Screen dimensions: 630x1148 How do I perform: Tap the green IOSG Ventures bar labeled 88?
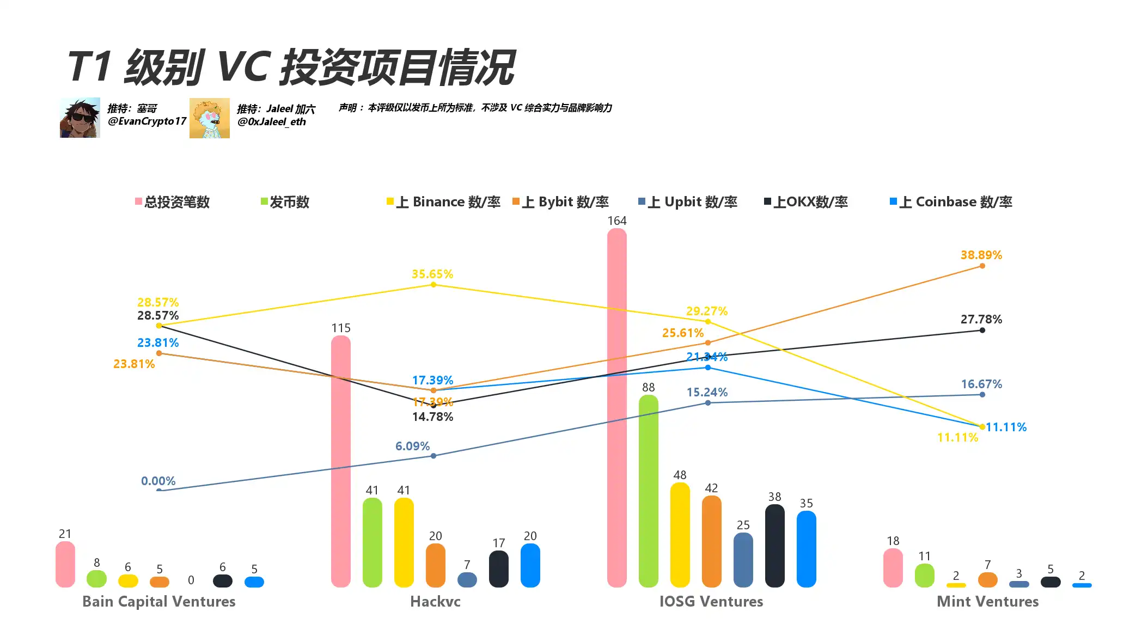(648, 491)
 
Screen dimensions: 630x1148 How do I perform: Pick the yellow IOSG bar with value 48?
(680, 534)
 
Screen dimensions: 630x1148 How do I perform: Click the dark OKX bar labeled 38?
(774, 545)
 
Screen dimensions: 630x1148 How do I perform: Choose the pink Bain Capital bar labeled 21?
(65, 564)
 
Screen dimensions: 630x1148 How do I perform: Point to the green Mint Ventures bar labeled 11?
(924, 575)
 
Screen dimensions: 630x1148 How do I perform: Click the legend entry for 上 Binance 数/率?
(443, 202)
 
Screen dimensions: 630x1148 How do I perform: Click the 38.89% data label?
(981, 255)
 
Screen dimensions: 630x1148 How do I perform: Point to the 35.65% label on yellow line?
(432, 274)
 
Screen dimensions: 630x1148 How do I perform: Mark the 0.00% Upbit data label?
(158, 481)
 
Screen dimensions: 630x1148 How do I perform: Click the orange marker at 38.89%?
(982, 266)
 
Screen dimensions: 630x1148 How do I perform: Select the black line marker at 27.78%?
(982, 330)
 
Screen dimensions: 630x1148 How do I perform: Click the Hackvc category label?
(435, 601)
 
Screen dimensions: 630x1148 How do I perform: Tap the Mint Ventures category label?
(987, 601)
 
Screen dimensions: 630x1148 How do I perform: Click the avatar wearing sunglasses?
(80, 118)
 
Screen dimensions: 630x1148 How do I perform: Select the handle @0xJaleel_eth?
(272, 122)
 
